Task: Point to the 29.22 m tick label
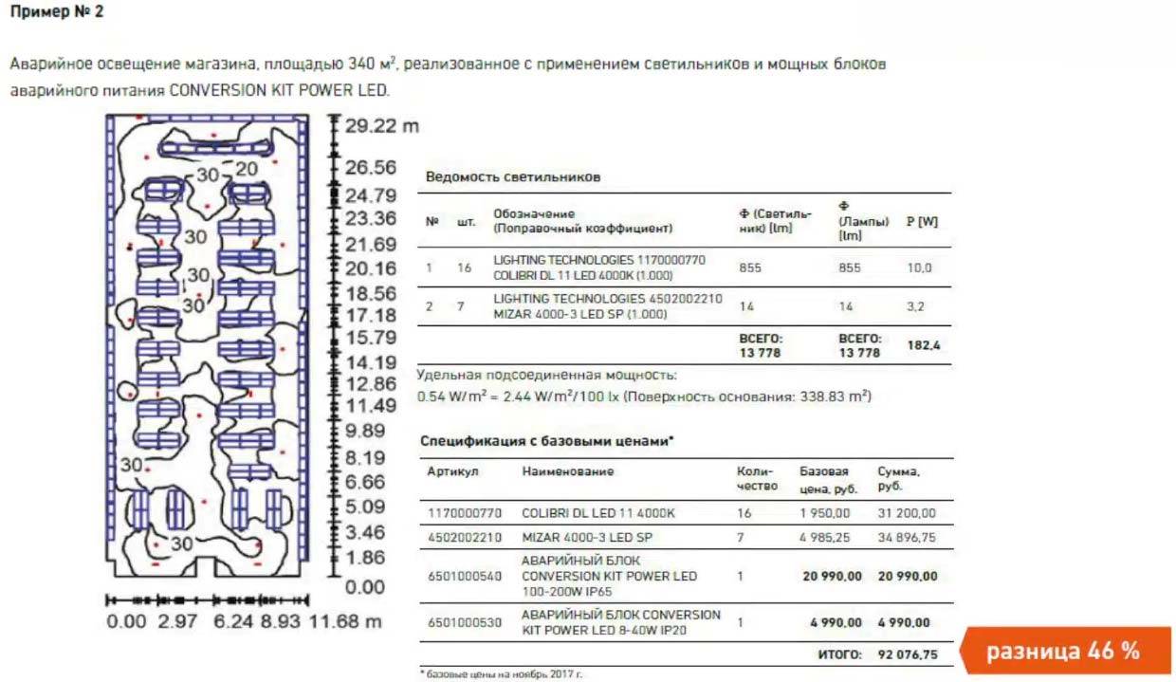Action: click(381, 126)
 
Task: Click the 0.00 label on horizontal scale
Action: click(127, 621)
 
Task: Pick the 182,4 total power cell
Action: click(924, 346)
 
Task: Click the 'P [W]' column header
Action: click(922, 221)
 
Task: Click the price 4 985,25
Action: click(831, 537)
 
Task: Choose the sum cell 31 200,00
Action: click(907, 513)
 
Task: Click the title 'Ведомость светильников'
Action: click(513, 177)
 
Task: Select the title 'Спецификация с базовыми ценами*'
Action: click(546, 441)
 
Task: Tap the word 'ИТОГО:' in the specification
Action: click(839, 654)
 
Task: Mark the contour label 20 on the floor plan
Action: click(247, 170)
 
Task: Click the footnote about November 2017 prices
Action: click(502, 673)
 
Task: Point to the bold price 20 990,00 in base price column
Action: click(832, 576)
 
